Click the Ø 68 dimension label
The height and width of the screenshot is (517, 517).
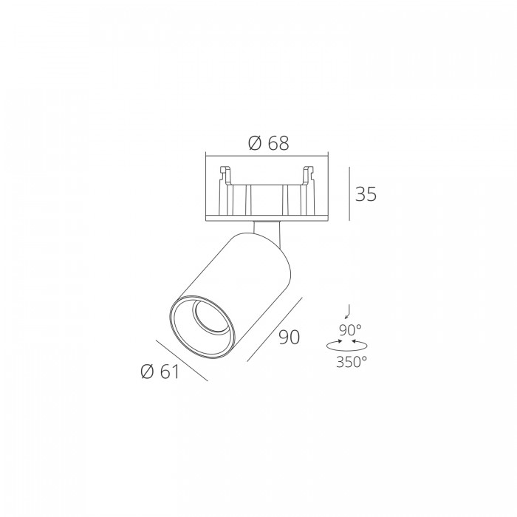[268, 143]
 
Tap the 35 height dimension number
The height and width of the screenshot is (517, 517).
[366, 194]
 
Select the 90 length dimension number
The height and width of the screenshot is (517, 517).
[290, 337]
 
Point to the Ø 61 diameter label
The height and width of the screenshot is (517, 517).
[160, 372]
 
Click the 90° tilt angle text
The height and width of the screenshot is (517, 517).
[350, 329]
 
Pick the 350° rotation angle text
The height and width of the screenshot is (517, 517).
[352, 362]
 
